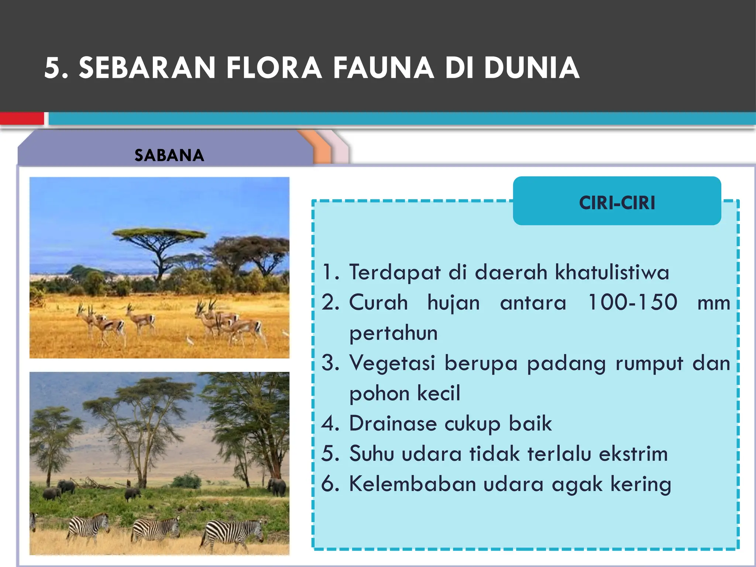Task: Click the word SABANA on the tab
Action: (x=169, y=155)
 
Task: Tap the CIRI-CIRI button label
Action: (x=617, y=203)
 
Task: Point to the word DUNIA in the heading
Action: (x=532, y=68)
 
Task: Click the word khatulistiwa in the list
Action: (x=612, y=272)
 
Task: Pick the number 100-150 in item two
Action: (x=632, y=302)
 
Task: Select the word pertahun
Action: (x=394, y=333)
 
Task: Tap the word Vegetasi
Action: (x=392, y=363)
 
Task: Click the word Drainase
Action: (x=392, y=423)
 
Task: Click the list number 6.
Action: (x=330, y=484)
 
